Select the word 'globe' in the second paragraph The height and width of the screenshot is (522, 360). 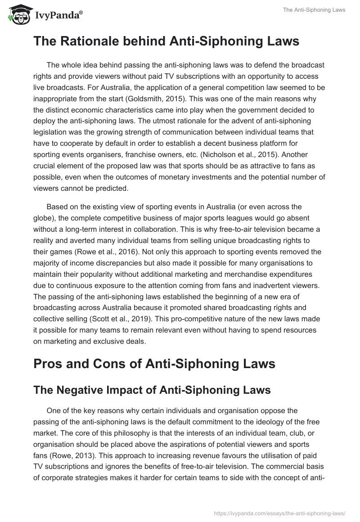45,219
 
